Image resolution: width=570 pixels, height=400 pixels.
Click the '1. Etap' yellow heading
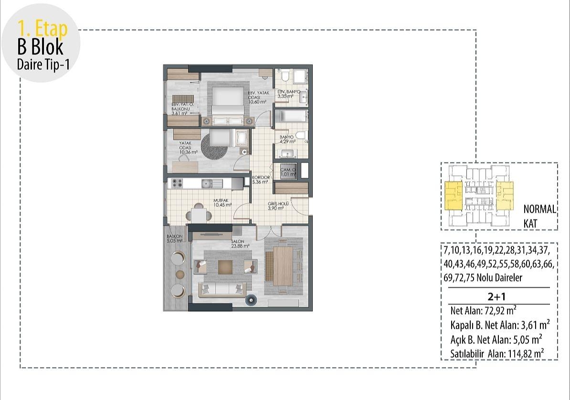[42, 29]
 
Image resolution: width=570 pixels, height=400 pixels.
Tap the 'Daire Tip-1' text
[43, 65]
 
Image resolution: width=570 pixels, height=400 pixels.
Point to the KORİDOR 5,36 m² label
[261, 180]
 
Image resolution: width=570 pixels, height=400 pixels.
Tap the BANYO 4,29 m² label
[287, 139]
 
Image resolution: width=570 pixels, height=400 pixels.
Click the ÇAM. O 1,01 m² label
[287, 172]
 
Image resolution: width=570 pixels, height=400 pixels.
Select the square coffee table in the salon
[225, 266]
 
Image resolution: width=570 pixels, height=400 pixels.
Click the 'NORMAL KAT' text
[539, 216]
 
